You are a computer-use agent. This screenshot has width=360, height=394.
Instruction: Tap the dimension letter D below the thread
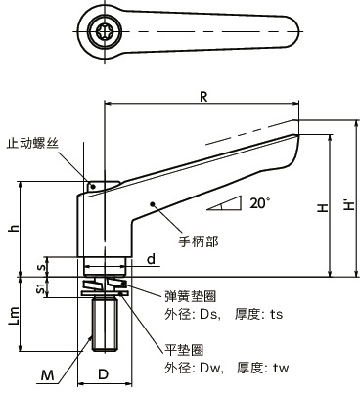tap(104, 373)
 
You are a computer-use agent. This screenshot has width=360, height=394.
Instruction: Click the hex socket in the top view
tap(105, 32)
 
